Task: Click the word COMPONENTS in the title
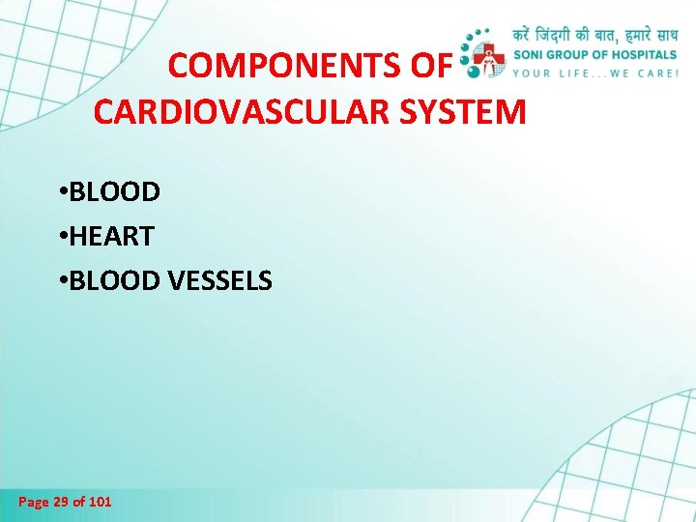tap(281, 66)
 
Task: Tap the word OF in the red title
tap(431, 66)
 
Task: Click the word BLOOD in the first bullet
tap(115, 192)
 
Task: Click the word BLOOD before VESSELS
tap(115, 281)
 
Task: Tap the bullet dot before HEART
tap(61, 237)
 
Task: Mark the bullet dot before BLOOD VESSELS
tap(61, 281)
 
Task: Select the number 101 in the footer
tap(100, 502)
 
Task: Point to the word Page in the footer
tap(33, 502)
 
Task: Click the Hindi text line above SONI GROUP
tap(594, 34)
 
